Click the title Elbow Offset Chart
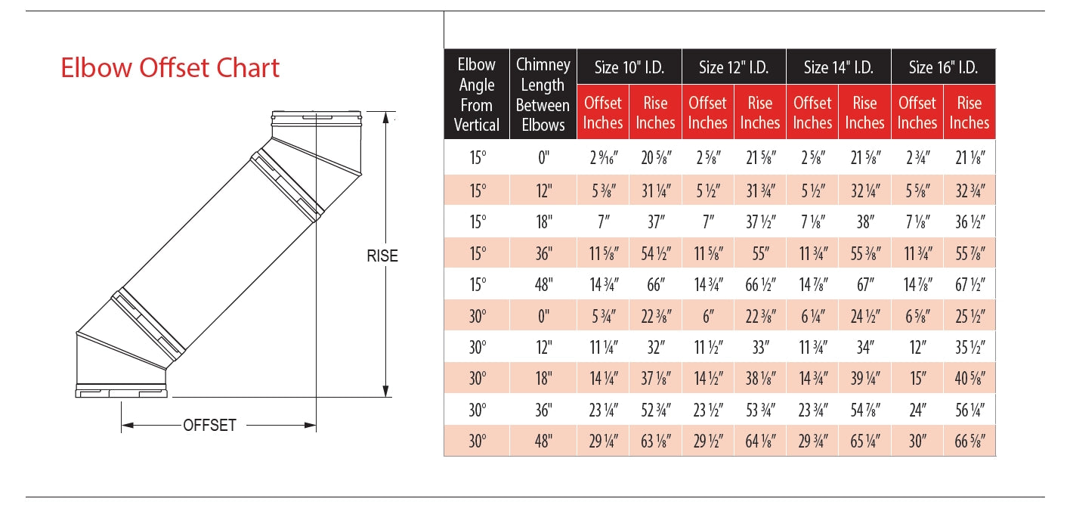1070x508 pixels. (170, 68)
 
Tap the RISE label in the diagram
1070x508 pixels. (382, 256)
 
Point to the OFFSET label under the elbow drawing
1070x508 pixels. (209, 425)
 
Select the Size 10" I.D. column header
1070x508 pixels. (629, 67)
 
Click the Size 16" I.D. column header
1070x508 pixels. (943, 67)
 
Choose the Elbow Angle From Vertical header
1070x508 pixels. (476, 94)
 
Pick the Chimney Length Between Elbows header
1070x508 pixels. (543, 94)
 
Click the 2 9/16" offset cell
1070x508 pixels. (603, 159)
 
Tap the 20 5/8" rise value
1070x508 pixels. (654, 159)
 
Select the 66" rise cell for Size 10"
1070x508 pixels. (654, 285)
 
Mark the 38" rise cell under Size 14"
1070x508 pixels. (864, 222)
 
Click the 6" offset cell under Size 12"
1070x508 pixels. (708, 317)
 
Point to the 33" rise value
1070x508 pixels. (759, 348)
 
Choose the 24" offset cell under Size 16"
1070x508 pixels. (917, 410)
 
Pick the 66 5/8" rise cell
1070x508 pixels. (969, 441)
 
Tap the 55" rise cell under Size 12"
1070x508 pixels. (759, 254)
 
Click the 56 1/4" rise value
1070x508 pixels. (969, 410)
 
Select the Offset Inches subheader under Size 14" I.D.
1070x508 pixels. (812, 113)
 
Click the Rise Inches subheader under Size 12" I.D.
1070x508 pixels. (759, 113)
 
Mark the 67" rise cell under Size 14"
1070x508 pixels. (864, 285)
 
